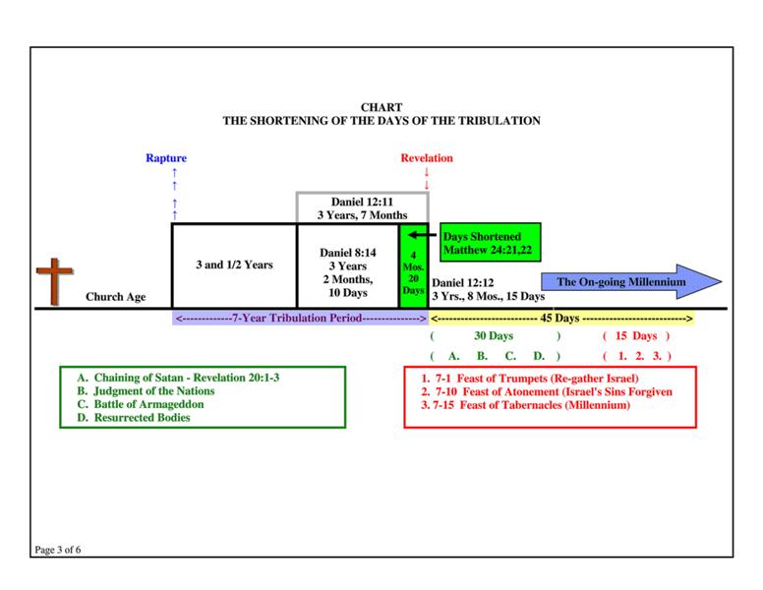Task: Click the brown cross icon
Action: tap(54, 282)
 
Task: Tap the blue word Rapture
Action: tap(166, 158)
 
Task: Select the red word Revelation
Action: tap(427, 158)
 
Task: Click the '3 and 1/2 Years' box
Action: tap(234, 265)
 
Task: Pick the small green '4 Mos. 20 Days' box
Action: tap(413, 266)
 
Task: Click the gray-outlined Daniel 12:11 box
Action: tap(362, 207)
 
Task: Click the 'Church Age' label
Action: tap(115, 297)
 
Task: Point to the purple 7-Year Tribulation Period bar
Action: tap(300, 319)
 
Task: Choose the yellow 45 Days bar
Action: tap(561, 319)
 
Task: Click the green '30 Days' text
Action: tap(495, 336)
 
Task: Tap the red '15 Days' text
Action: tap(636, 336)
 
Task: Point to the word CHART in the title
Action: tap(381, 108)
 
